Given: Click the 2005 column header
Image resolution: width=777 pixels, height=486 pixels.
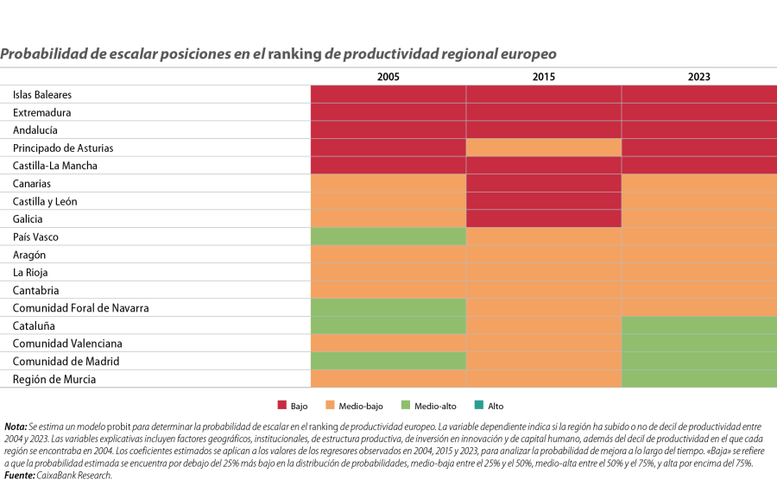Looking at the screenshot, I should coord(388,77).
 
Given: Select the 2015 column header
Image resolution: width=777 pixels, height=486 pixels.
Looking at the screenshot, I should coord(543,77).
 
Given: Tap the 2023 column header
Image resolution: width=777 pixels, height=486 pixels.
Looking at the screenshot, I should coord(698,77).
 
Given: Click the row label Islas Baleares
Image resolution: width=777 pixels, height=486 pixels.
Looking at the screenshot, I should coord(42,94).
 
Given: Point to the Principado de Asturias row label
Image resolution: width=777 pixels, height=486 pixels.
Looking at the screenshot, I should coord(63,148).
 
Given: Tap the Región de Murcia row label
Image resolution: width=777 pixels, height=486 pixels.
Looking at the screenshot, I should coord(54,379).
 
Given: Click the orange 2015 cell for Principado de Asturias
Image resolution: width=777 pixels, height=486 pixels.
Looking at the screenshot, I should coord(543,148).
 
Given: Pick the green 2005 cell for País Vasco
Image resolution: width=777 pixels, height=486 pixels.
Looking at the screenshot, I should coord(388,237).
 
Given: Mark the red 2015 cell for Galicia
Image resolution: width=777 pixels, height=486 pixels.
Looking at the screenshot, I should coord(543,218).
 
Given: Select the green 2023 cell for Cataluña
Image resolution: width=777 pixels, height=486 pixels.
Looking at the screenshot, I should coord(698,325).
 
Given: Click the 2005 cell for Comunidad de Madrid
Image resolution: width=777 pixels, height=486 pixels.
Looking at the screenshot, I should coord(388,361).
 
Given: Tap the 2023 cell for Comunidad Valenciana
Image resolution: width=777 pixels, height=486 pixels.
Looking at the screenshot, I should coord(698,343).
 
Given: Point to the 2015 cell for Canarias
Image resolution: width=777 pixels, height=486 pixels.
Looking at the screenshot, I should coord(543,183).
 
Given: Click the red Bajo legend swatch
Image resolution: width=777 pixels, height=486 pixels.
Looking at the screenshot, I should coord(281,406).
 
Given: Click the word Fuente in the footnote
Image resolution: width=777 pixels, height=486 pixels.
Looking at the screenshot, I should coord(19,475).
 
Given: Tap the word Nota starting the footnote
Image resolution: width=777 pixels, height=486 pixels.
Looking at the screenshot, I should coord(16,426).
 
